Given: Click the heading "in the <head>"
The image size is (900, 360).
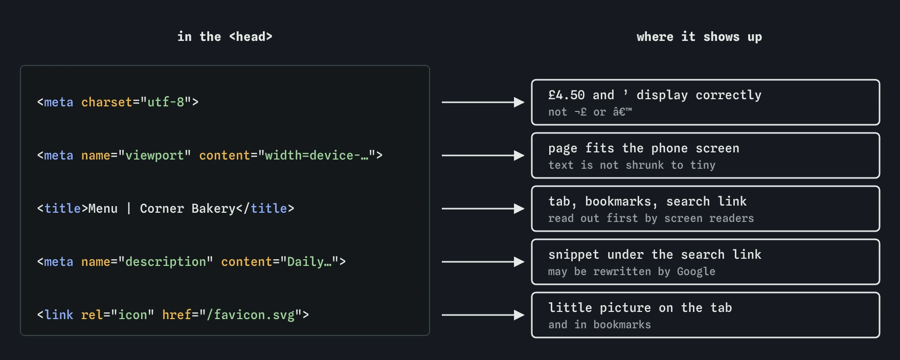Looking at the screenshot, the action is (225, 37).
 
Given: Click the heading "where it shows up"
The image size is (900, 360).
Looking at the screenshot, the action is (699, 37).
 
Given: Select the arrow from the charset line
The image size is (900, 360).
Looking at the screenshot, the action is (483, 102).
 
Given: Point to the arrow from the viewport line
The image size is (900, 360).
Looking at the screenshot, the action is (483, 155).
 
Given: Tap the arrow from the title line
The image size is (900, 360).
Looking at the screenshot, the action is (483, 209).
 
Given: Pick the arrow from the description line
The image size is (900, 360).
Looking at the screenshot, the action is (483, 262).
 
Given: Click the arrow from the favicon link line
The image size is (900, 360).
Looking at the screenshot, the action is (483, 315).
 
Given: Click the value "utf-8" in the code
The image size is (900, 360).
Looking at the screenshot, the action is (166, 102).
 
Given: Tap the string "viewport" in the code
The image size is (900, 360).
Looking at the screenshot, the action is (154, 155).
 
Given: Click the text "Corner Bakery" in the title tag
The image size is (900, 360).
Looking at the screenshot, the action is (188, 209).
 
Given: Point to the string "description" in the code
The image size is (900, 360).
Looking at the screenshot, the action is (166, 262).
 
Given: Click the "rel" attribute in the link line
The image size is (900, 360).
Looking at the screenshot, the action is (92, 315).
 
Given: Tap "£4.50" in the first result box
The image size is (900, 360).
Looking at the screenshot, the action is (567, 95).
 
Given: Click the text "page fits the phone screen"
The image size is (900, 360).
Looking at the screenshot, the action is (644, 148).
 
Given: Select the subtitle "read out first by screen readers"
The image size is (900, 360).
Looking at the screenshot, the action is (651, 218).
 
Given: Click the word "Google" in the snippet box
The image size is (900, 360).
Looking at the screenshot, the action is (696, 272).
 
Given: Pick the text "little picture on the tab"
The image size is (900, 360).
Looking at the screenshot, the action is (640, 308).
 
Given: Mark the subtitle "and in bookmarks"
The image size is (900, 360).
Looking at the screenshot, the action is (599, 325).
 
